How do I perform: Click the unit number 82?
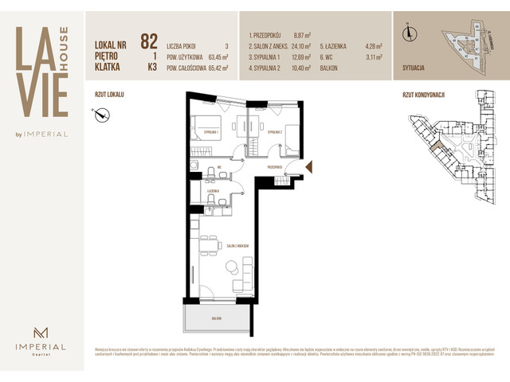click(x=149, y=41)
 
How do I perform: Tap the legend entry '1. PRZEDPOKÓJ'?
click(x=267, y=36)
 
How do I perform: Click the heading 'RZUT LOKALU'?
click(x=108, y=94)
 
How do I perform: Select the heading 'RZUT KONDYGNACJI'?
click(x=423, y=94)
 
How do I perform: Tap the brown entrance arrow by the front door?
click(x=310, y=166)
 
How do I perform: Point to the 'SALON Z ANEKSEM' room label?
click(x=240, y=224)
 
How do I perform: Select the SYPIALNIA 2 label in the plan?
click(x=276, y=131)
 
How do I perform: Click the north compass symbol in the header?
click(x=410, y=33)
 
